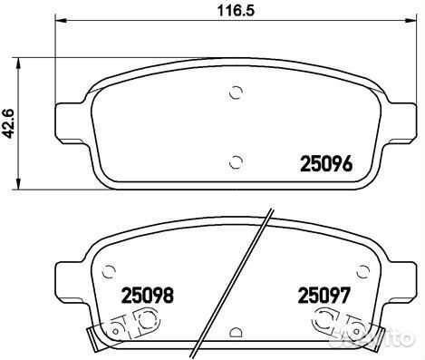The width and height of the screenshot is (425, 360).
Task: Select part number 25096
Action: click(326, 164)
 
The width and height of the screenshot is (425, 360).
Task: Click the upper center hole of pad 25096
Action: click(236, 92)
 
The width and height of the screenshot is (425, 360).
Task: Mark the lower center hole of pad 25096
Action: click(236, 162)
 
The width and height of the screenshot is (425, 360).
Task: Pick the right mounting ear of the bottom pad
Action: click(400, 272)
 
